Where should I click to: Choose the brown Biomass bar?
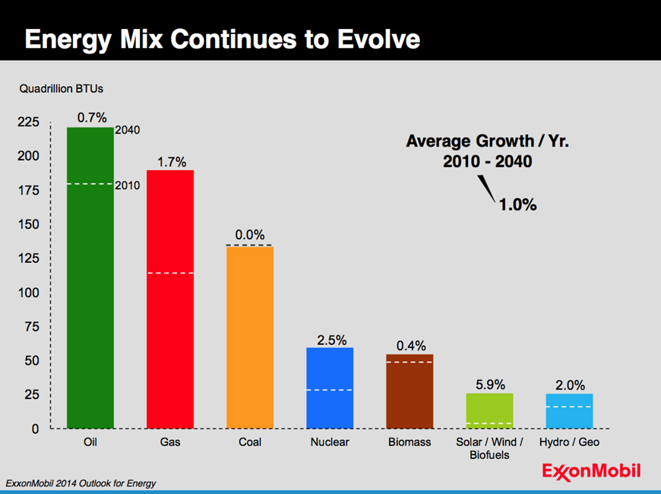pyautogui.click(x=410, y=391)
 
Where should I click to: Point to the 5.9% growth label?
pyautogui.click(x=490, y=385)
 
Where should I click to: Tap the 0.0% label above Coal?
pyautogui.click(x=250, y=236)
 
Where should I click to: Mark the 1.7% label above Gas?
pyautogui.click(x=170, y=162)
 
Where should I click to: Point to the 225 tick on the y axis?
pyautogui.click(x=28, y=122)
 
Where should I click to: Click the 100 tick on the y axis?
pyautogui.click(x=28, y=293)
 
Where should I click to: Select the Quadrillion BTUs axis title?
pyautogui.click(x=62, y=89)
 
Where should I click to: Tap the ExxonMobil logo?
pyautogui.click(x=591, y=470)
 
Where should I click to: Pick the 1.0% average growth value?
pyautogui.click(x=517, y=204)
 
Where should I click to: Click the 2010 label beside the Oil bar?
pyautogui.click(x=127, y=185)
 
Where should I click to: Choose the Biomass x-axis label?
pyautogui.click(x=410, y=442)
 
